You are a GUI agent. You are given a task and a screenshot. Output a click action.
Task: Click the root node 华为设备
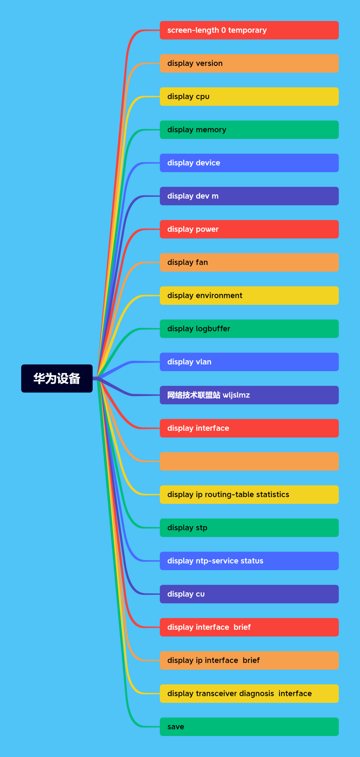[57, 378]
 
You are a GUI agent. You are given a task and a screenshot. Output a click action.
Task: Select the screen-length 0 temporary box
[249, 30]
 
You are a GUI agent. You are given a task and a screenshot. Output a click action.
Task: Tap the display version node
[249, 63]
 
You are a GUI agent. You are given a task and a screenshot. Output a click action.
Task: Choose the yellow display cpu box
[249, 97]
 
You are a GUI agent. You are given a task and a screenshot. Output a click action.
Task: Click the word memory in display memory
[211, 130]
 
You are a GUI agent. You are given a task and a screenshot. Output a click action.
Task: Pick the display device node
[249, 163]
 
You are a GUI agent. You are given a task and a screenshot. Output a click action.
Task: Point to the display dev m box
[249, 196]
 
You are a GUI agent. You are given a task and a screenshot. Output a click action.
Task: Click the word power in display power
[207, 230]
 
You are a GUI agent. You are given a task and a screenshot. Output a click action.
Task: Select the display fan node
[249, 263]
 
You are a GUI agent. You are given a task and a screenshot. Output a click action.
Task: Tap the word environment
[219, 296]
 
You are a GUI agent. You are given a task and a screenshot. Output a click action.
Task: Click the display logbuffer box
[249, 329]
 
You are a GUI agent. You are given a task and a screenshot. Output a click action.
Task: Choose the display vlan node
[249, 362]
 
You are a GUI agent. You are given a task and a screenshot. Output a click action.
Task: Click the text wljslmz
[236, 395]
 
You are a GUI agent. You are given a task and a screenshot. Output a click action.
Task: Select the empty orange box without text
[249, 461]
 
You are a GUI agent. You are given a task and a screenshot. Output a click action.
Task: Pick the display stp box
[249, 528]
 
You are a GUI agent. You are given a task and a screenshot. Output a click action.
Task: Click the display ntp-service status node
[249, 561]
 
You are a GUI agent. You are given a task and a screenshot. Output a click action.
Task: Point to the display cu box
[249, 594]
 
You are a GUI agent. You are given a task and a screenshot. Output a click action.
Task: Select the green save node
[249, 727]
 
